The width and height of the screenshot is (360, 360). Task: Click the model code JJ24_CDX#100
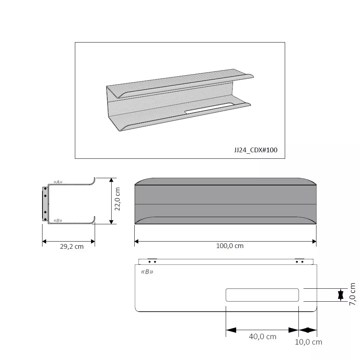pyautogui.click(x=256, y=150)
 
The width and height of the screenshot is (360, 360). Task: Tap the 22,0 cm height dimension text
pyautogui.click(x=117, y=199)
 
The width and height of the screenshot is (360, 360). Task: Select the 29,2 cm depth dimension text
pyautogui.click(x=72, y=247)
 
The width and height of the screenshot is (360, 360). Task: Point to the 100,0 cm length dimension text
pyautogui.click(x=230, y=246)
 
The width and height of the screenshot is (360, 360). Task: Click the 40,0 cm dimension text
pyautogui.click(x=262, y=337)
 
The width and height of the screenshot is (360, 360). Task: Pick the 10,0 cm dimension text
pyautogui.click(x=309, y=342)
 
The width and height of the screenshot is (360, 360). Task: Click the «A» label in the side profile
pyautogui.click(x=58, y=182)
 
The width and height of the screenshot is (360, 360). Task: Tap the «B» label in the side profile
pyautogui.click(x=58, y=221)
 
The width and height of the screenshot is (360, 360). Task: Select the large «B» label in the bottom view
pyautogui.click(x=147, y=272)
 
